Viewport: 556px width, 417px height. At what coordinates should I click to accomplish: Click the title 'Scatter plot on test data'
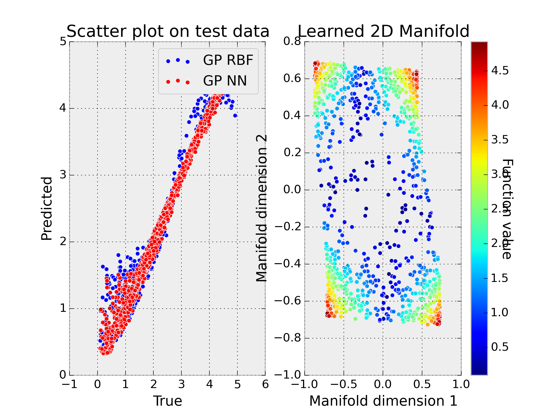[x=168, y=32]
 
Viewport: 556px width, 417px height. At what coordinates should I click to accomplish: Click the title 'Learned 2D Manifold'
[x=384, y=32]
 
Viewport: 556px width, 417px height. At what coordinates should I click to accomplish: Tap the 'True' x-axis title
[x=168, y=401]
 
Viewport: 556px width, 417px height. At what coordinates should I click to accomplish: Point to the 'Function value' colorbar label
[x=507, y=209]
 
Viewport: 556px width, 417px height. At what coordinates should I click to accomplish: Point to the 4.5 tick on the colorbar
[x=500, y=71]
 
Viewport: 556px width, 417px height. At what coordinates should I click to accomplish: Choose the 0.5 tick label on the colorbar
[x=500, y=347]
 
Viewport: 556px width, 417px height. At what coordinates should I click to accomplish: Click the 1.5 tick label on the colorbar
[x=500, y=278]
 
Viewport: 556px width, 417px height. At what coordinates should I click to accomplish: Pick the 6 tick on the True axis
[x=265, y=385]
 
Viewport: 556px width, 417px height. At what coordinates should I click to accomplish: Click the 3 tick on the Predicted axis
[x=63, y=175]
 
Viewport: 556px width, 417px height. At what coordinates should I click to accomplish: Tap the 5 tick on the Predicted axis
[x=63, y=41]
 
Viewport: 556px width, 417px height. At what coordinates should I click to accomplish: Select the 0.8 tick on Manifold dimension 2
[x=292, y=41]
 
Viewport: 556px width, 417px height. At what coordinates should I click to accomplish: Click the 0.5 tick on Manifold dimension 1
[x=422, y=385]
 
